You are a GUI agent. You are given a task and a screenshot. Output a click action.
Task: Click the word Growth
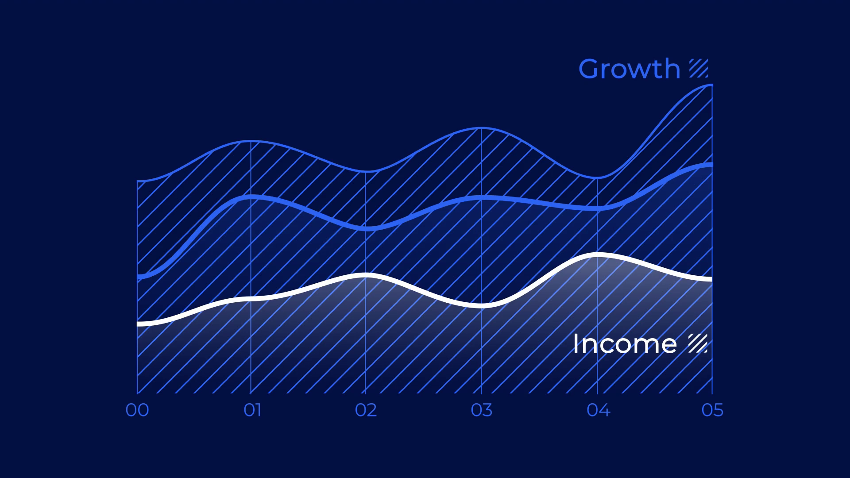tap(629, 69)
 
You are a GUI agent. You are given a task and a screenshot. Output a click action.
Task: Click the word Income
tap(625, 344)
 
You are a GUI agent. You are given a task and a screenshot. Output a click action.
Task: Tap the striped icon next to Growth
tap(699, 68)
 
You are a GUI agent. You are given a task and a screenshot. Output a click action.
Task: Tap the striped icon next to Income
tap(698, 343)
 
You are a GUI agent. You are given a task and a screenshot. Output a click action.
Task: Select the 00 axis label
tap(137, 410)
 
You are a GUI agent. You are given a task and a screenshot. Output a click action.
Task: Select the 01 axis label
tap(252, 410)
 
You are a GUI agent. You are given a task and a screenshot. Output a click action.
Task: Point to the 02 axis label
tap(366, 410)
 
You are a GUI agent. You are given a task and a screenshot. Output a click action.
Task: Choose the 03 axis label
tap(482, 410)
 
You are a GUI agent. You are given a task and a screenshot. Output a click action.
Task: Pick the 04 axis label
tap(598, 410)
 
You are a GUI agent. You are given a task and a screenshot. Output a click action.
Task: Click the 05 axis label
tap(712, 410)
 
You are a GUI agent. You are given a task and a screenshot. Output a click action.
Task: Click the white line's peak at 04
tap(597, 254)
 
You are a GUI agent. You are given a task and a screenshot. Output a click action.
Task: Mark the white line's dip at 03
tap(482, 305)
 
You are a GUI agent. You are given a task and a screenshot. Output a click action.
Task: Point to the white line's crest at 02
tap(366, 275)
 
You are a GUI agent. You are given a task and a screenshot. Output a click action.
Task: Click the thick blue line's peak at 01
tap(251, 197)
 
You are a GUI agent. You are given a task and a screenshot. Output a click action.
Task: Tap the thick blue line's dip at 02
tap(366, 228)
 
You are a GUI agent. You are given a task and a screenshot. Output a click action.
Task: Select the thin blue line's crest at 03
tap(482, 128)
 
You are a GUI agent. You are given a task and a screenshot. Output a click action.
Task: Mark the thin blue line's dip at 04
tap(597, 178)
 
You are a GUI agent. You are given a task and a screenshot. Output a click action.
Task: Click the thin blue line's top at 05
tap(711, 85)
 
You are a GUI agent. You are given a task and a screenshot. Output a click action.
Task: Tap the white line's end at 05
tap(711, 279)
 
